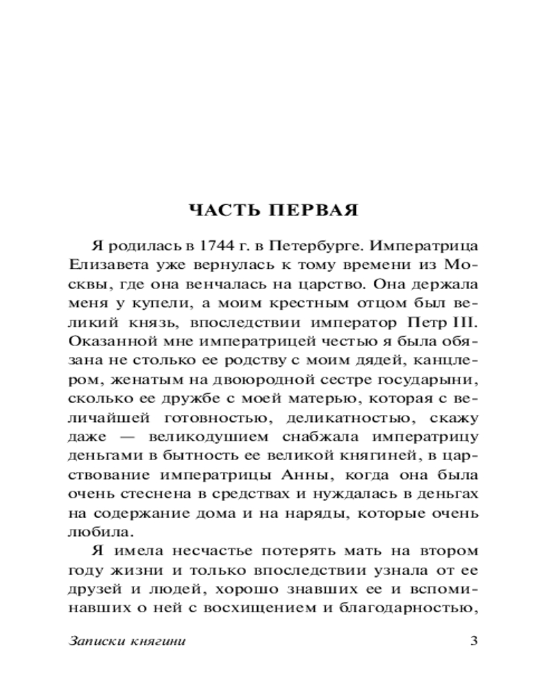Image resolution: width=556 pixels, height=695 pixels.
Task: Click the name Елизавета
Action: point(106,265)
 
